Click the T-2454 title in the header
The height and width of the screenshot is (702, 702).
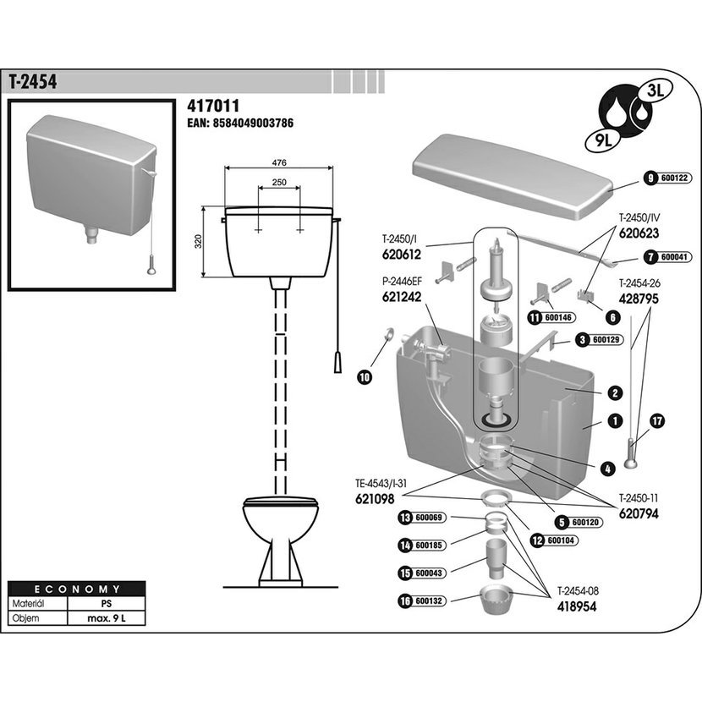click(x=33, y=81)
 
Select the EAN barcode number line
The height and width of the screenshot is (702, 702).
click(x=240, y=123)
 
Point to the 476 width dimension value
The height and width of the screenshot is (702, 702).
click(x=278, y=162)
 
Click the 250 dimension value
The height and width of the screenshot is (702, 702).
click(x=279, y=182)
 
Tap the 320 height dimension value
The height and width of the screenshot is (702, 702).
click(x=199, y=241)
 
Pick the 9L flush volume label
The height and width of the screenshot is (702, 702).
click(x=602, y=140)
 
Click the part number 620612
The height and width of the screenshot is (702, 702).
click(x=402, y=255)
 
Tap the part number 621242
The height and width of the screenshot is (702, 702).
click(x=402, y=297)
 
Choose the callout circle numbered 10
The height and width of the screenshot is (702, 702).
click(x=365, y=377)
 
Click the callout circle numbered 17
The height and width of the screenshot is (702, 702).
click(x=658, y=421)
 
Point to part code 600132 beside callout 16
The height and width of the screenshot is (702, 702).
click(x=429, y=601)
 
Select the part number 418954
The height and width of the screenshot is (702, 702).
click(x=577, y=606)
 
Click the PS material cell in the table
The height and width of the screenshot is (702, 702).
click(x=106, y=604)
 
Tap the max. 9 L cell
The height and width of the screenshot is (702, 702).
click(x=106, y=618)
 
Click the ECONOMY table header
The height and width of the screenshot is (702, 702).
click(x=77, y=590)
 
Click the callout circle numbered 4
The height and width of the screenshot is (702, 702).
click(x=607, y=469)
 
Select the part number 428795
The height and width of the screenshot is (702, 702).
click(x=639, y=299)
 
